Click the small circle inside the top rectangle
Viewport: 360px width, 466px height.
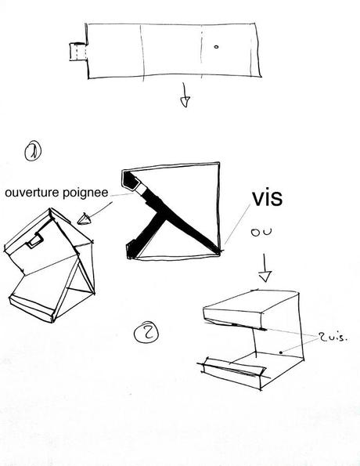click(x=216, y=47)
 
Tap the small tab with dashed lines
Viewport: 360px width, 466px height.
click(x=78, y=52)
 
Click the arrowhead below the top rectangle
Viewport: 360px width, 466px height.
click(x=185, y=102)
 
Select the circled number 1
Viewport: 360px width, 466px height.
click(x=33, y=151)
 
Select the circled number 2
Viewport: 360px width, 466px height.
click(x=146, y=332)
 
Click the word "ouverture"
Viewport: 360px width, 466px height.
click(x=32, y=193)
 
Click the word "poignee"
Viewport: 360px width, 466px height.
click(x=85, y=193)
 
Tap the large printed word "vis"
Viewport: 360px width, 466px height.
click(x=267, y=198)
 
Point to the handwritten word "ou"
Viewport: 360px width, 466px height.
click(x=261, y=232)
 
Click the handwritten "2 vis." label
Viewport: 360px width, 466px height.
click(x=333, y=338)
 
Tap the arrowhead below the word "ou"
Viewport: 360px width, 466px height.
click(x=265, y=276)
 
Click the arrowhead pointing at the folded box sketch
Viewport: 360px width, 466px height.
click(x=84, y=219)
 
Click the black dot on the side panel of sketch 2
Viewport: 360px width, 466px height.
click(x=281, y=352)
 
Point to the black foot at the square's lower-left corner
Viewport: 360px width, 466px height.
click(x=133, y=250)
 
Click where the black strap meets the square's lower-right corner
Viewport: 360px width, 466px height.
click(x=218, y=253)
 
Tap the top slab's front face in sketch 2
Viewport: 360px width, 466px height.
click(x=234, y=317)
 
